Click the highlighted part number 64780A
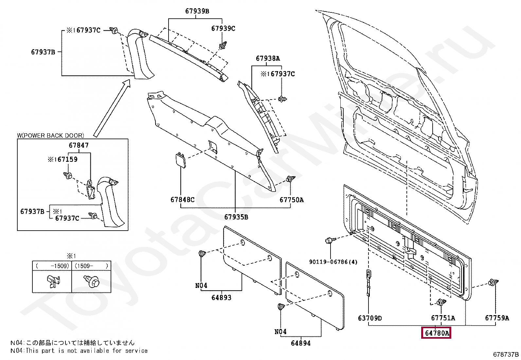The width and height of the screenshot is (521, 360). coord(436,333)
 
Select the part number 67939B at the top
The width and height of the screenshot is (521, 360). coord(197,11)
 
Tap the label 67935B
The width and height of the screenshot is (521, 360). coord(236,217)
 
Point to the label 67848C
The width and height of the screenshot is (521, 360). coord(182,199)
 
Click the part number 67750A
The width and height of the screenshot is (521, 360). coord(292,200)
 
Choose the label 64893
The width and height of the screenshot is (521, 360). coord(221,297)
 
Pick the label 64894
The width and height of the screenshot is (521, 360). coord(301,343)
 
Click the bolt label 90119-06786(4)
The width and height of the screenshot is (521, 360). coord(333,262)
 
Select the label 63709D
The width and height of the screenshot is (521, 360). coord(370,318)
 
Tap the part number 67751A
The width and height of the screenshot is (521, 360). coord(443,318)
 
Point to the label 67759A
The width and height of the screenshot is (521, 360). coord(497,318)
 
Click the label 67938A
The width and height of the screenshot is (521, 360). coord(268,58)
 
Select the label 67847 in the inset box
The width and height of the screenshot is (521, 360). coord(79,145)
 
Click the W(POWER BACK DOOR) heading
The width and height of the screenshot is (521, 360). coord(50,135)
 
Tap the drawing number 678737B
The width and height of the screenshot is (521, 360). coord(506,354)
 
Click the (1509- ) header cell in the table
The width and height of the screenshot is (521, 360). coord(91,266)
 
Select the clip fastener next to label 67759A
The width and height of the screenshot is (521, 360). coord(492,282)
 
